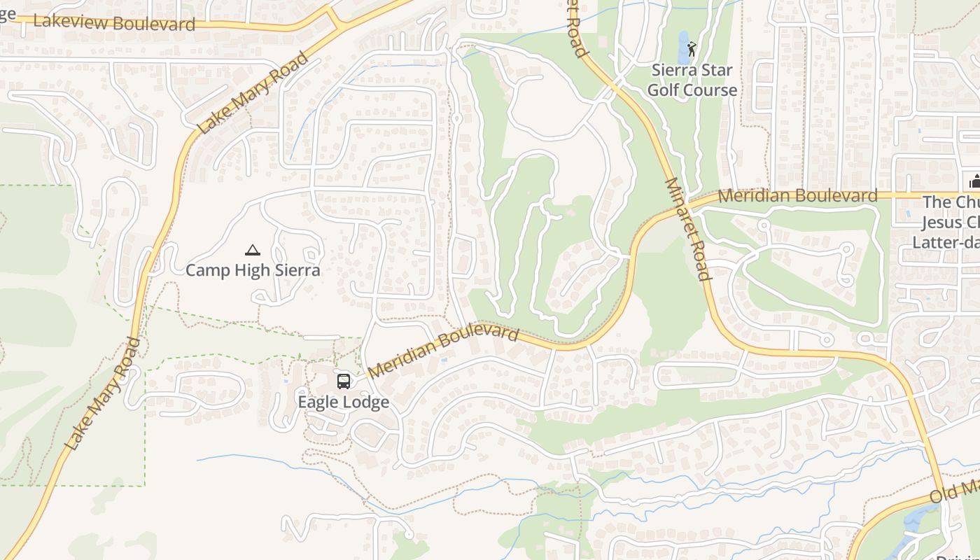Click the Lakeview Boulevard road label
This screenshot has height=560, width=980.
pyautogui.click(x=114, y=22)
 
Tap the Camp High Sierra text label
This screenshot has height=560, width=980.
pyautogui.click(x=253, y=270)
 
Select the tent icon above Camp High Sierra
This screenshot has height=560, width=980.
pyautogui.click(x=253, y=250)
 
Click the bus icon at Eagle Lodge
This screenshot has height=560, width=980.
pyautogui.click(x=343, y=381)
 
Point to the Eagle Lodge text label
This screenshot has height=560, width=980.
pyautogui.click(x=343, y=402)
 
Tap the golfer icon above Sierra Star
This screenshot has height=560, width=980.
pyautogui.click(x=692, y=49)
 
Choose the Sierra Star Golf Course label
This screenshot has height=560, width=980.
pyautogui.click(x=692, y=80)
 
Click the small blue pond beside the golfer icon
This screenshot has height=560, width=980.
pyautogui.click(x=682, y=48)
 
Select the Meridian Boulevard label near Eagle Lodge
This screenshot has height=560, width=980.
pyautogui.click(x=443, y=350)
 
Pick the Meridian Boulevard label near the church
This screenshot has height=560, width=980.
pyautogui.click(x=797, y=196)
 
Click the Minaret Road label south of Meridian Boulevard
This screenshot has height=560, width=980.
pyautogui.click(x=687, y=229)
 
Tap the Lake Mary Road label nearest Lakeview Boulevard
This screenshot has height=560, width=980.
pyautogui.click(x=253, y=92)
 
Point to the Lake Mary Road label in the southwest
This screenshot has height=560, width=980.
pyautogui.click(x=103, y=393)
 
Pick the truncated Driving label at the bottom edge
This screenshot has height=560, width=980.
pyautogui.click(x=958, y=557)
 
